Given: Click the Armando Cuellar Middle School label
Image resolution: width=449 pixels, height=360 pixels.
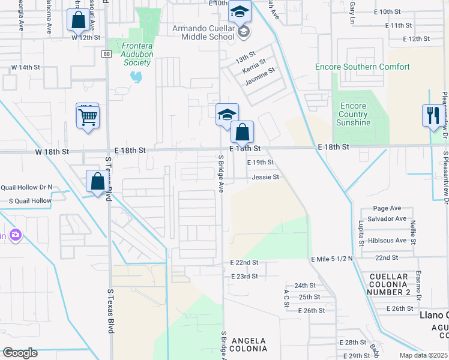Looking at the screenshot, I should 203,32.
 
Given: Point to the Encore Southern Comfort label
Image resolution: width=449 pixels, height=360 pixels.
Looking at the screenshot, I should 363,67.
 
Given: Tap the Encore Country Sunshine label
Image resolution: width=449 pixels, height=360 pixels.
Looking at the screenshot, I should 353,114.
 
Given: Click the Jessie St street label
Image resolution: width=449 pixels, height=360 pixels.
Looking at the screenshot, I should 265,177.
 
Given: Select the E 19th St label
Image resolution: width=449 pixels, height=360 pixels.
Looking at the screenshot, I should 260,163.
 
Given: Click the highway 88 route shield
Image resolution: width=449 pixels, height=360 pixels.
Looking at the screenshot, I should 106,53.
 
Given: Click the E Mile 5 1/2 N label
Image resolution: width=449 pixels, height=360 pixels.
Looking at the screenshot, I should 331,258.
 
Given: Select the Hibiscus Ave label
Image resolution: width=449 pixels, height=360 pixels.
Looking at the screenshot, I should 388,241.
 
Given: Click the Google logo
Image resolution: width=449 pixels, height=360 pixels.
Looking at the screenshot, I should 20,353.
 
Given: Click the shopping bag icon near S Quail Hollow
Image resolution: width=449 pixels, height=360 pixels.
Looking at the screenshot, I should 97,181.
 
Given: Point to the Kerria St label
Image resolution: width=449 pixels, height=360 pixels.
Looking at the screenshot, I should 254,70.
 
